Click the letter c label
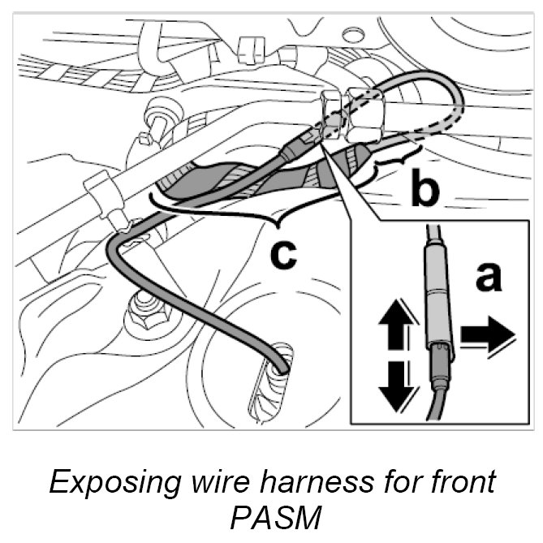click(283, 254)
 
